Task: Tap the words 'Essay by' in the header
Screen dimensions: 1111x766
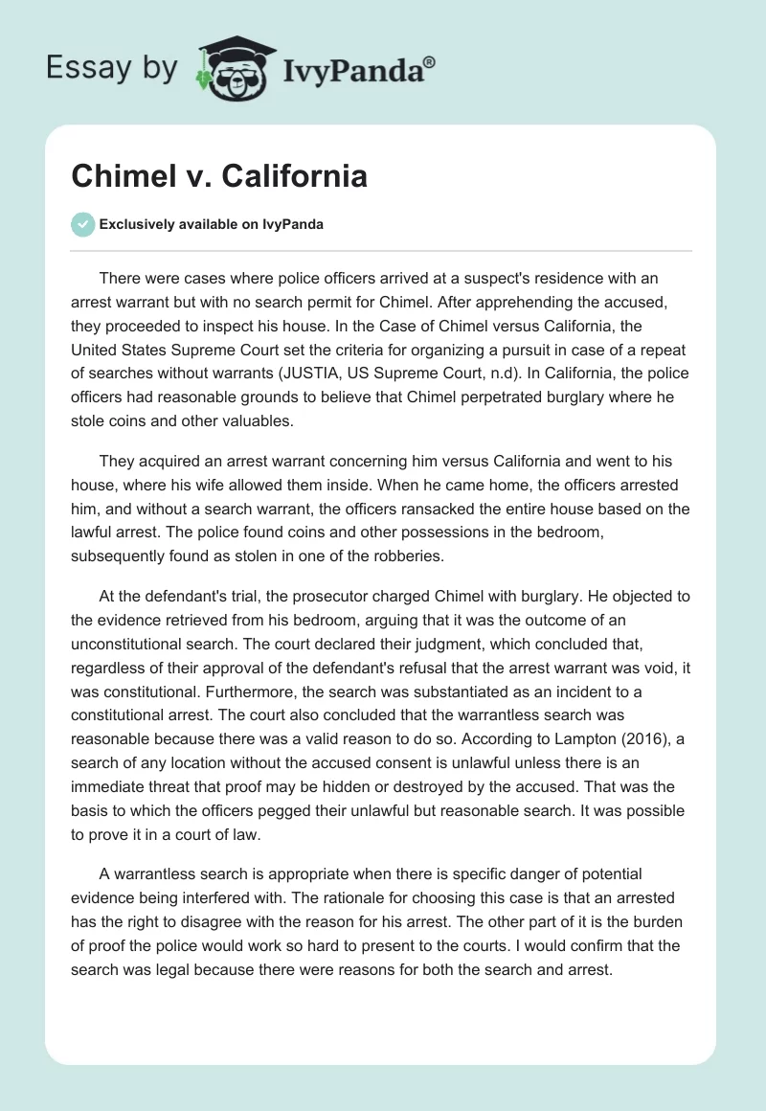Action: click(x=112, y=69)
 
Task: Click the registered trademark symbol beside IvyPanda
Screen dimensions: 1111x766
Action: click(x=429, y=62)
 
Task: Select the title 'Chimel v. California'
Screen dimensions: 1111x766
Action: click(x=219, y=177)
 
